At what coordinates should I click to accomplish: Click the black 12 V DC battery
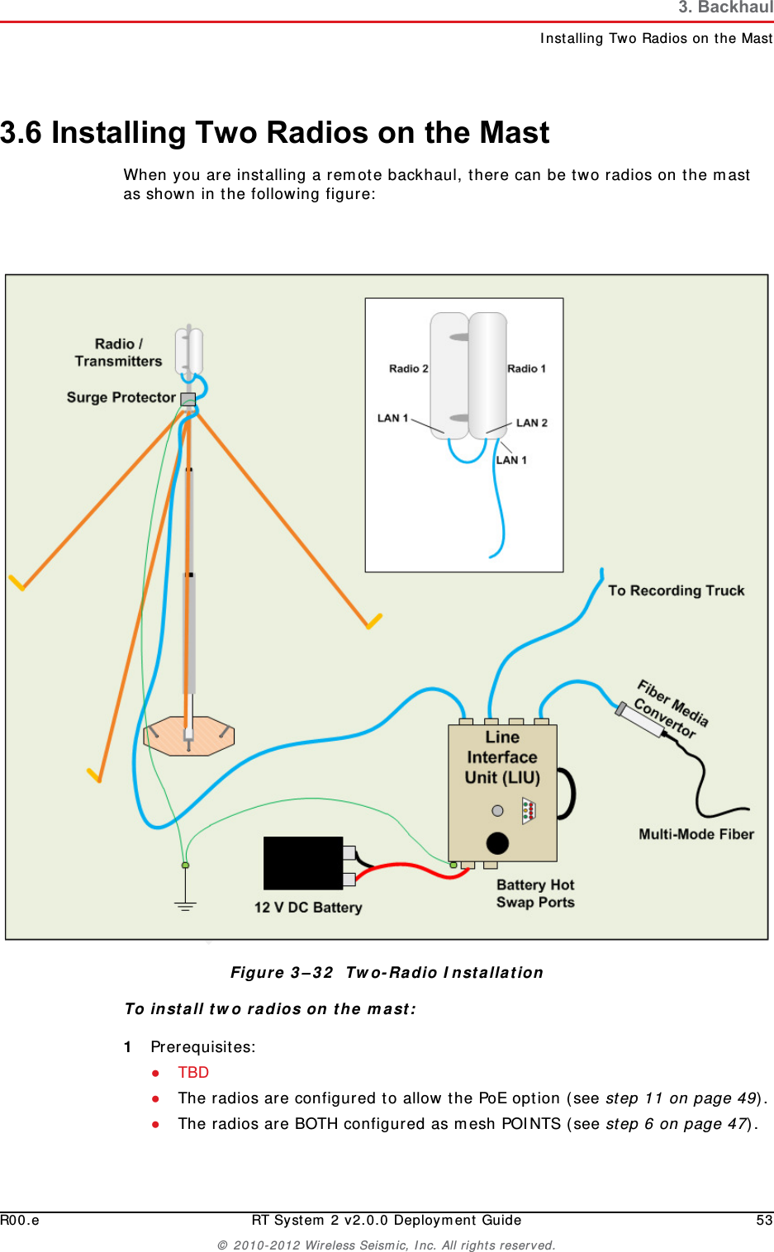(303, 863)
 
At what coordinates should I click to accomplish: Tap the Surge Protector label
(121, 397)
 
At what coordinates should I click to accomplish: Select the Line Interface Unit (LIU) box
(502, 793)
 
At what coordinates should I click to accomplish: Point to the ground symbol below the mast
(185, 905)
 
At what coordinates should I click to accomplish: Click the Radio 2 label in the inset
(409, 368)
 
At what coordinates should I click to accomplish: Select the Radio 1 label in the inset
(526, 368)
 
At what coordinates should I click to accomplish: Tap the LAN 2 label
(532, 423)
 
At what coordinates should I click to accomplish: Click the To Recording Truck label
(677, 590)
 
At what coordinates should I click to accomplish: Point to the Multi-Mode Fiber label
(696, 834)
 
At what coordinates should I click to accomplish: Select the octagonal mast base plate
(189, 736)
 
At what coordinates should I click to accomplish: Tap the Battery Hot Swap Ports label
(535, 894)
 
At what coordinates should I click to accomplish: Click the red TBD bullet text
(193, 1072)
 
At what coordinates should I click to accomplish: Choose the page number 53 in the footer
(764, 1220)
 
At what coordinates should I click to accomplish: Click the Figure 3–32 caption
(387, 973)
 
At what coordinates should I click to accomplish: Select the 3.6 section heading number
(21, 132)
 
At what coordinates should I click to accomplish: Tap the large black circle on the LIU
(497, 843)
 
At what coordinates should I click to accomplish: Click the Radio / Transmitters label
(119, 352)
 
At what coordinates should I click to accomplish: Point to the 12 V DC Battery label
(308, 907)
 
